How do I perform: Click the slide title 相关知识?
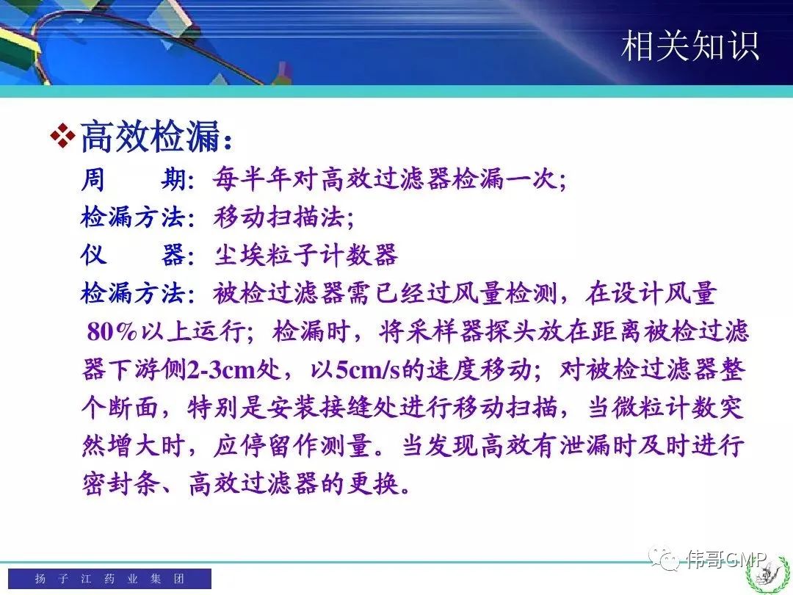[x=690, y=46]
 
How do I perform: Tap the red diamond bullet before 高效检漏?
[x=62, y=136]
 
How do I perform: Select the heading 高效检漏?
[x=151, y=136]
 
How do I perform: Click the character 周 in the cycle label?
[x=93, y=180]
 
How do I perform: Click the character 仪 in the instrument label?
[x=93, y=255]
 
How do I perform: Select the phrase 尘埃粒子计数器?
[x=305, y=255]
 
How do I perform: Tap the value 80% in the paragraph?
[x=112, y=332]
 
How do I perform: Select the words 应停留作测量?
[x=292, y=446]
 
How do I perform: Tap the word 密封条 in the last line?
[x=121, y=483]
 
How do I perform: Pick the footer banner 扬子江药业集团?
[x=109, y=578]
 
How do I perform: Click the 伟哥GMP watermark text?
[x=726, y=558]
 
